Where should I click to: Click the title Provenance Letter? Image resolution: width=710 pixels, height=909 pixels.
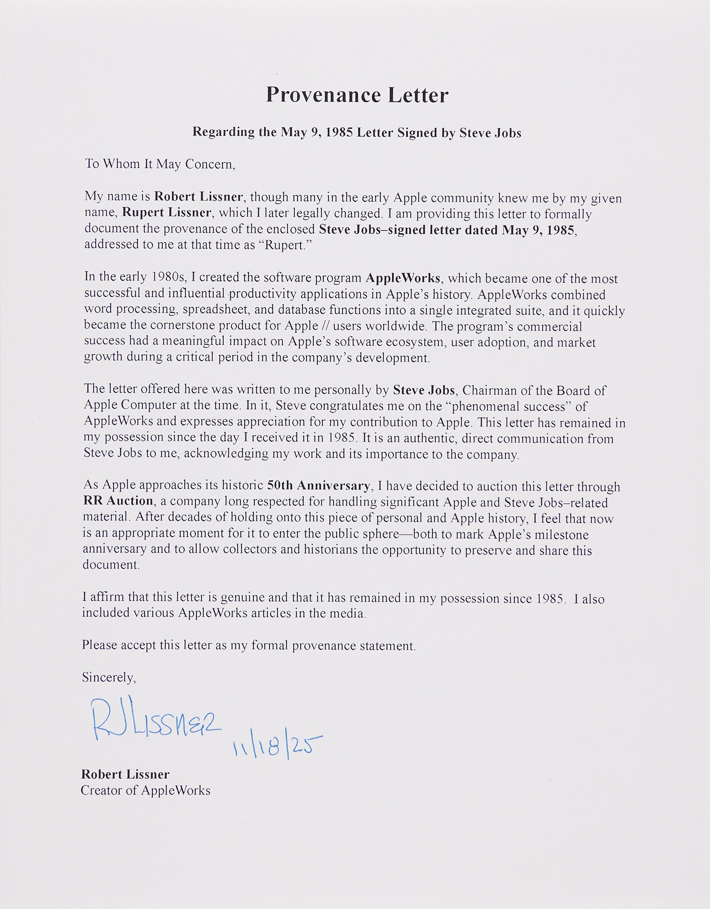tap(357, 95)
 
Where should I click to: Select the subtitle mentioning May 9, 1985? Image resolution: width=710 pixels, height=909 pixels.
tap(357, 132)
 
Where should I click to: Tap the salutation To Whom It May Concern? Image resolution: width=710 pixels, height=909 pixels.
tap(160, 164)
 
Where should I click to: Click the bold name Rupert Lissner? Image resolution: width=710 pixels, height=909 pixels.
tap(166, 213)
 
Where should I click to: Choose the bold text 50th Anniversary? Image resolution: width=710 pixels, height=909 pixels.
tap(319, 485)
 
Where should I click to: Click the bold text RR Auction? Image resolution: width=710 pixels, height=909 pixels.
tap(118, 501)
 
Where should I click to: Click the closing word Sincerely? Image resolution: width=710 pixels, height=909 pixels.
tap(109, 677)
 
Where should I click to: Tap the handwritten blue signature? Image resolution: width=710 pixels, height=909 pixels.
tap(155, 719)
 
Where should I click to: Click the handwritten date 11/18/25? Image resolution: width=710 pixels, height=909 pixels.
tap(277, 745)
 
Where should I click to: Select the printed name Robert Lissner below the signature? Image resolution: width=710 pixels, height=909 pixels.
tap(125, 774)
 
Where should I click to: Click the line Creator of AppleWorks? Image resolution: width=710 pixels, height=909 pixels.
tap(146, 790)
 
